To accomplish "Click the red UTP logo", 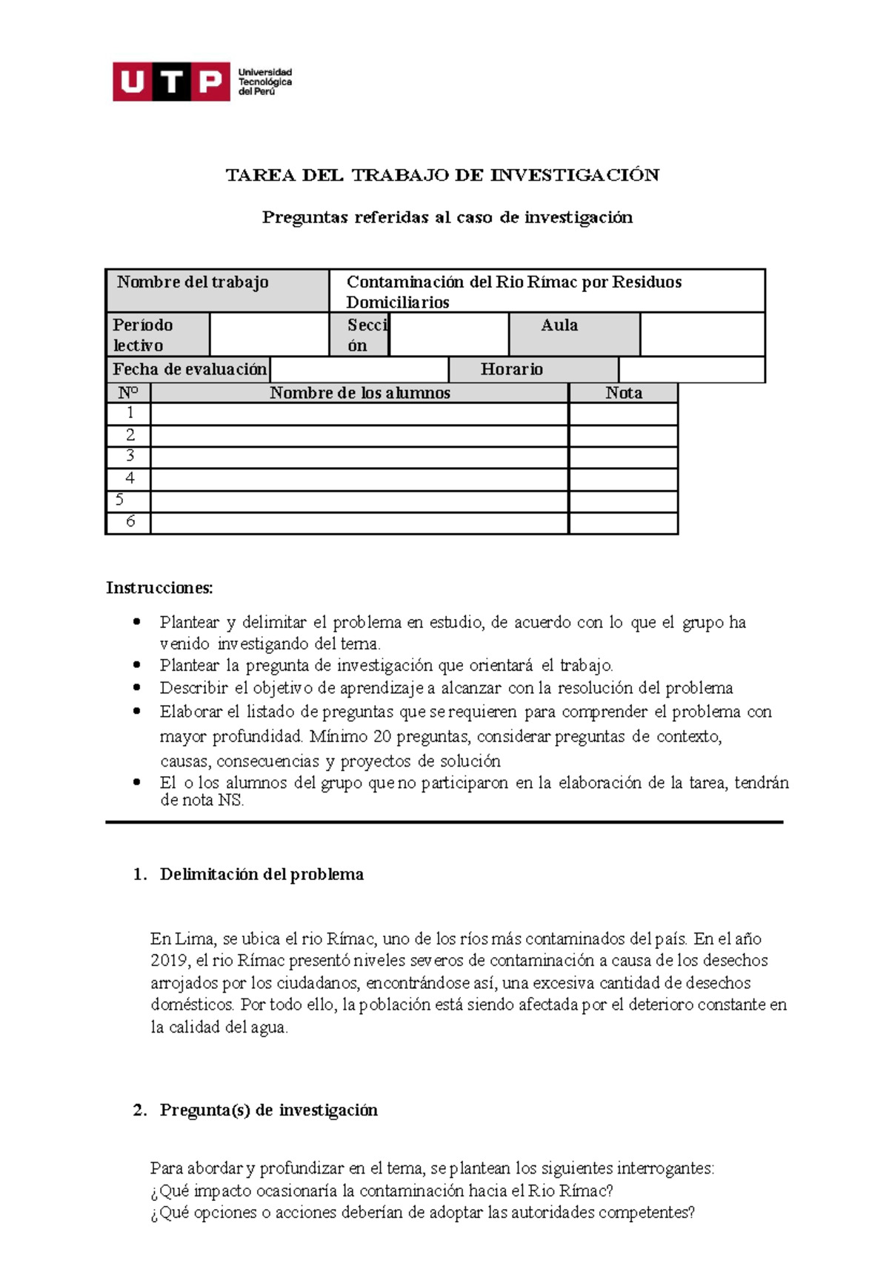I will click(171, 82).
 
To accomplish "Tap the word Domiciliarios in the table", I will click(398, 302).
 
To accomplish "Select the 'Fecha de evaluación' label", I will click(190, 369).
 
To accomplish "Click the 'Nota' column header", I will click(623, 393).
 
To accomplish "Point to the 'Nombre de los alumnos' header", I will click(360, 393).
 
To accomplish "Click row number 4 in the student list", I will click(130, 478).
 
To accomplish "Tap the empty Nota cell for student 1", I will click(623, 414).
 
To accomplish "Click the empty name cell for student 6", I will click(359, 523).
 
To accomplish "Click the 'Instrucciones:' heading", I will click(159, 588).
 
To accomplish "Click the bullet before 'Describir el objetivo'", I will click(136, 687).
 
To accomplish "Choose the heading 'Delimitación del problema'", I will click(262, 875).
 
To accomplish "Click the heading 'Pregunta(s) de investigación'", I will click(268, 1111).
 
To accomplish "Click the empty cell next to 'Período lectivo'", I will click(269, 334).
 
